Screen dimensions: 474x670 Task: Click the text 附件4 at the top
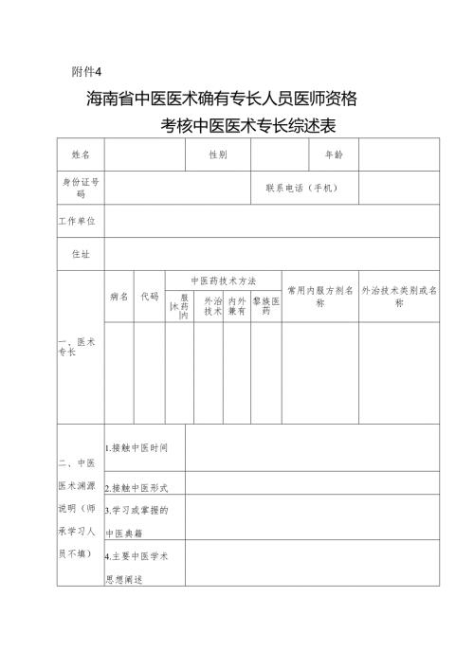tap(86, 71)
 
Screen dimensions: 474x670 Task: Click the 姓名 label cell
tap(81, 154)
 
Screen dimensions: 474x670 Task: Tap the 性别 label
tap(218, 154)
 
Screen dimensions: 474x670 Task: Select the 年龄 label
tap(335, 154)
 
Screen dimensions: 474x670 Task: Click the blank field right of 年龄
tap(398, 154)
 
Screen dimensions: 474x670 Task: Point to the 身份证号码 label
tap(81, 187)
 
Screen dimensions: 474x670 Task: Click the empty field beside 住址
tap(271, 253)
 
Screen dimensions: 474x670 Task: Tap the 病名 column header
tap(119, 296)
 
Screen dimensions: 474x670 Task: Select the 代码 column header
tap(150, 296)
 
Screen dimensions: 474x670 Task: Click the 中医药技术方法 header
tap(223, 281)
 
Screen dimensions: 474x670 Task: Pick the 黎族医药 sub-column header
tap(265, 305)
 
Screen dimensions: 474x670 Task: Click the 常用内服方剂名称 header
tap(320, 296)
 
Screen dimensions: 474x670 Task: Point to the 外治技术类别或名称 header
tap(399, 296)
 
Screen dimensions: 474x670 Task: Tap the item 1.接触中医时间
tap(137, 446)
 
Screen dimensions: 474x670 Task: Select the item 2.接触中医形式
tap(137, 487)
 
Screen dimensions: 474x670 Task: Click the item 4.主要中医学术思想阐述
tap(137, 563)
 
